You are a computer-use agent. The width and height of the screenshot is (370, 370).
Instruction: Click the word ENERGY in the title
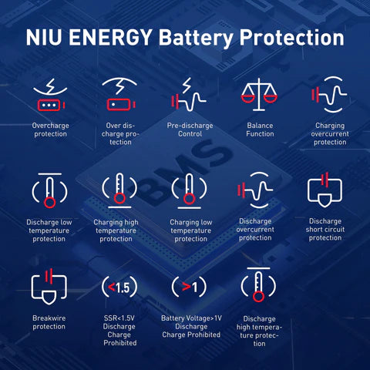(110, 37)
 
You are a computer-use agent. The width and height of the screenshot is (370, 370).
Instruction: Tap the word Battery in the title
(196, 39)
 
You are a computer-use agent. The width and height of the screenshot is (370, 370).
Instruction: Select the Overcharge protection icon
(50, 95)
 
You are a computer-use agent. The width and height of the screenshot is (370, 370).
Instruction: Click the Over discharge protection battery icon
(119, 94)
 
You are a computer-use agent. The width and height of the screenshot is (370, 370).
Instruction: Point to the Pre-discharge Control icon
(189, 95)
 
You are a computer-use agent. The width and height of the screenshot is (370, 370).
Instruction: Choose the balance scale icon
(259, 95)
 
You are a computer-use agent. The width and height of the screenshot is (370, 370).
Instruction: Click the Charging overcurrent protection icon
(329, 95)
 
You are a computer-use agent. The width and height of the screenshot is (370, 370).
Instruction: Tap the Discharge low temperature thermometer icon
(50, 190)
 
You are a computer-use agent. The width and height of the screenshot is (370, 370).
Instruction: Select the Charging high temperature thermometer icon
(119, 190)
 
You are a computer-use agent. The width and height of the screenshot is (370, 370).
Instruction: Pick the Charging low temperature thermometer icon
(189, 190)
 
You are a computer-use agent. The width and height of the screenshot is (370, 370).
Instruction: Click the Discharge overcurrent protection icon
(255, 190)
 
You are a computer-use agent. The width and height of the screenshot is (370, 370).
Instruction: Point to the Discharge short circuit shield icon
(325, 190)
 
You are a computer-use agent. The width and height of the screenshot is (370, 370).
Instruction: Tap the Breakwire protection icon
(49, 287)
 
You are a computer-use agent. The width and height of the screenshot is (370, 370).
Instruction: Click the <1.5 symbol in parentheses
(119, 287)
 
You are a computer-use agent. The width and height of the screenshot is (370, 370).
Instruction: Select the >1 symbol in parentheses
(189, 287)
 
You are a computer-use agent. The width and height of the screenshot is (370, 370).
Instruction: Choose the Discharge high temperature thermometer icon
(258, 284)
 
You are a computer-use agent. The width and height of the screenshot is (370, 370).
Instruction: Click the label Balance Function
(260, 129)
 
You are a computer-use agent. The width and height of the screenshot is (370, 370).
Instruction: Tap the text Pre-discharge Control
(190, 129)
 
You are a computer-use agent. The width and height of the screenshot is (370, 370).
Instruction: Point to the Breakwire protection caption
(49, 322)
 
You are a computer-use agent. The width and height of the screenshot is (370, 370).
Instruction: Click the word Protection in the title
(292, 37)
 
